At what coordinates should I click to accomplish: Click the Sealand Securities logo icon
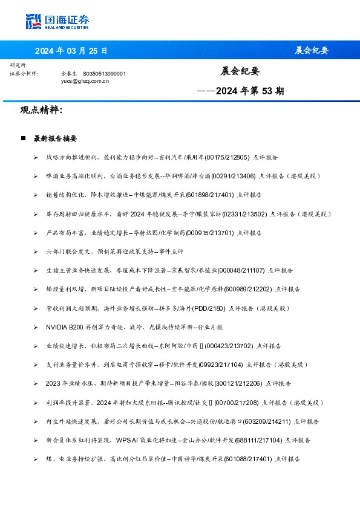[33, 22]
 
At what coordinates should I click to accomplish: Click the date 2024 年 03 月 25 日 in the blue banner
[71, 50]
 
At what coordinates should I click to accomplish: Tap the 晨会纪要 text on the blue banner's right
[311, 50]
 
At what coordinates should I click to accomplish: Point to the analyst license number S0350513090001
[104, 73]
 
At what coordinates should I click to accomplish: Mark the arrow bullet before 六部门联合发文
[36, 251]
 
